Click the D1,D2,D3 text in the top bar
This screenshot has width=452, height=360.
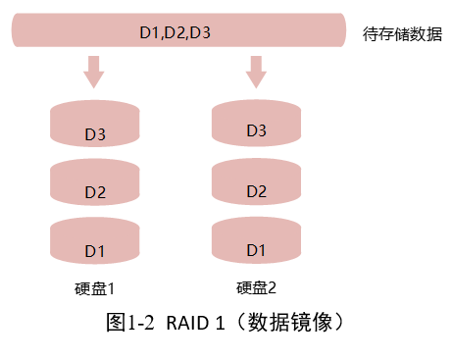[x=176, y=33]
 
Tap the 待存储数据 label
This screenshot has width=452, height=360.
[x=400, y=32]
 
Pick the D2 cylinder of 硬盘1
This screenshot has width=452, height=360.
[x=95, y=186]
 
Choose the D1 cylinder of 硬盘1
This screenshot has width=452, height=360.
[x=95, y=245]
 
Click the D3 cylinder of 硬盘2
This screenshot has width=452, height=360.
[x=256, y=126]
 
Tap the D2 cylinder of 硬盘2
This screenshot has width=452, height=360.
[x=256, y=185]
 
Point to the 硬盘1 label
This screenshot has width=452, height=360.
[x=95, y=288]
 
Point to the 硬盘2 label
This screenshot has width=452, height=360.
[x=257, y=288]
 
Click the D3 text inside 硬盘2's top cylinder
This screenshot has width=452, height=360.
[x=256, y=130]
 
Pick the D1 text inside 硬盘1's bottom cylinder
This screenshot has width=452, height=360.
[x=95, y=251]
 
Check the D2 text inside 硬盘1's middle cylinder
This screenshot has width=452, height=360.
[x=95, y=192]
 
